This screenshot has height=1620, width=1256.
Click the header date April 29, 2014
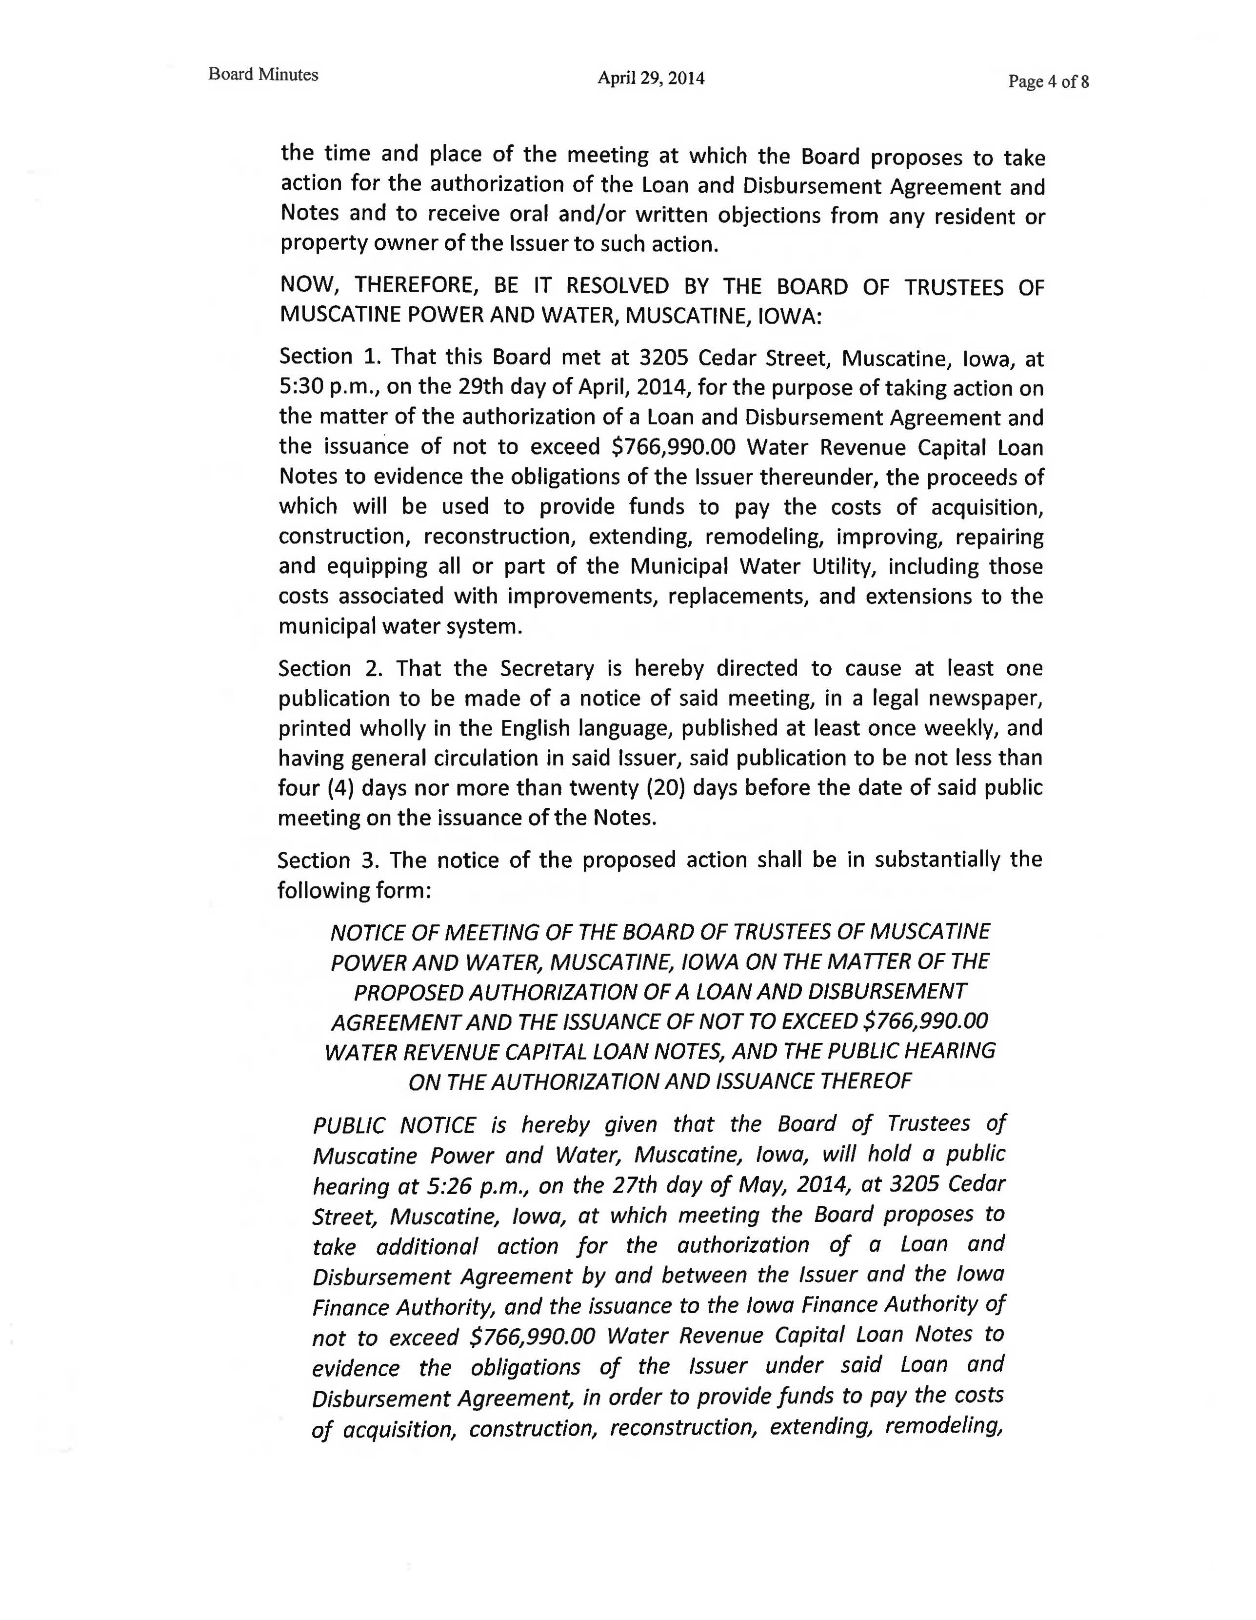click(x=651, y=78)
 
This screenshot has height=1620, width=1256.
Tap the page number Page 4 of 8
click(x=1048, y=81)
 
